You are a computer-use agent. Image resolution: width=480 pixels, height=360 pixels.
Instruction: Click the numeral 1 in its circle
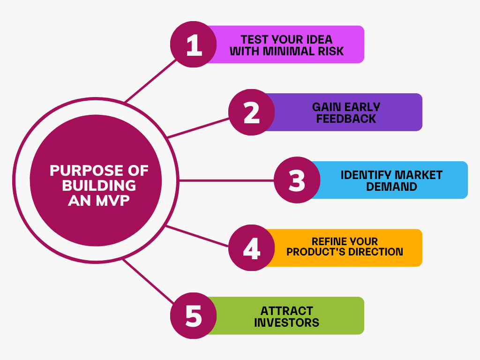(194, 45)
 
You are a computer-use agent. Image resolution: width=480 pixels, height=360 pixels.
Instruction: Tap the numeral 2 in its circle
(252, 112)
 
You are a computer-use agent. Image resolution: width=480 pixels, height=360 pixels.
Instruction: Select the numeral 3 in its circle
(297, 180)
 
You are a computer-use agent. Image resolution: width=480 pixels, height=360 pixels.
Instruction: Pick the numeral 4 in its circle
(252, 248)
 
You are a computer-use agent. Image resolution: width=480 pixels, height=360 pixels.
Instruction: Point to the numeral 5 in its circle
(194, 316)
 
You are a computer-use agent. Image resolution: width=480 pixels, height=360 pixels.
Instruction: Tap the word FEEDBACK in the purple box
(346, 119)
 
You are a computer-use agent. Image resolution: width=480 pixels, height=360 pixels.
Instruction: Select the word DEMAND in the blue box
(391, 187)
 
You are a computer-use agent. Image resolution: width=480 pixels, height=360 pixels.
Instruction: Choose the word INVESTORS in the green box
(286, 322)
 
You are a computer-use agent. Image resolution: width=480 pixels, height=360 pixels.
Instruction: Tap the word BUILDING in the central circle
(99, 186)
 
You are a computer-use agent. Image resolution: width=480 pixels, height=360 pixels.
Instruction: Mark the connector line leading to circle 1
(150, 81)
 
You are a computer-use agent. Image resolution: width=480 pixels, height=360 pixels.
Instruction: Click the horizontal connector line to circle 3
(226, 180)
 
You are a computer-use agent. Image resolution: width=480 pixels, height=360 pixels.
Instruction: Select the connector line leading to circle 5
(149, 281)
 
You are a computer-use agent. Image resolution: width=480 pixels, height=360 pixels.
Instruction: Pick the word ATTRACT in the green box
(286, 311)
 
